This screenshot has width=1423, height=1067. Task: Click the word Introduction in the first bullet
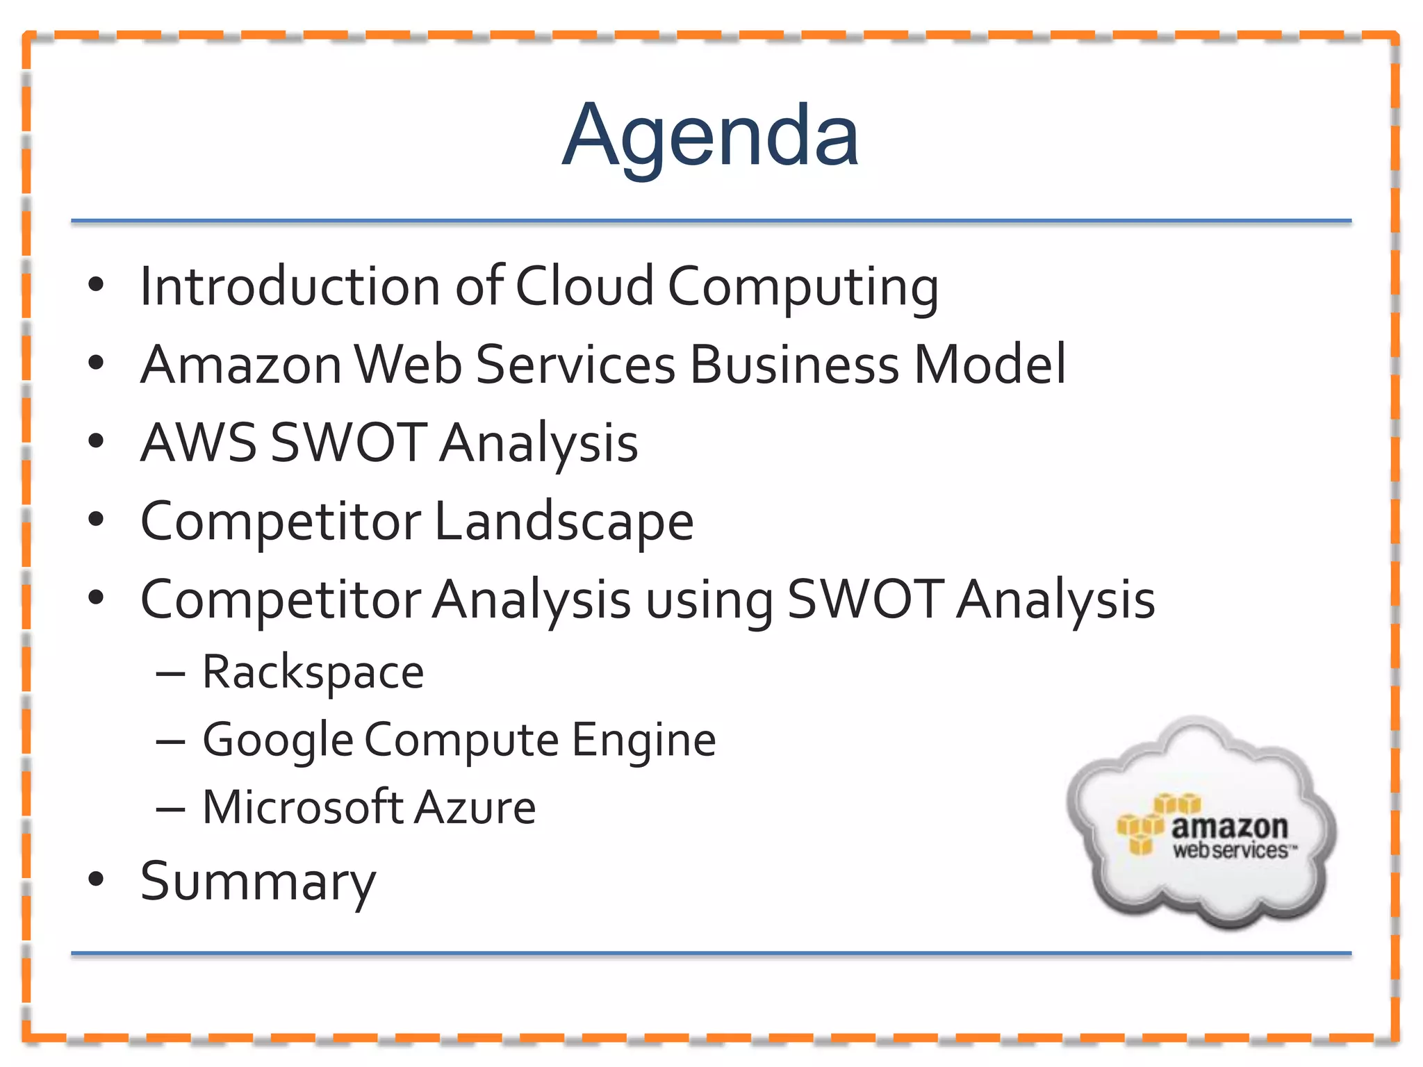[290, 286]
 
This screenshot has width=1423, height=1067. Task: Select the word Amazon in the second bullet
[240, 365]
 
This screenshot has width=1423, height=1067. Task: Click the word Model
[989, 365]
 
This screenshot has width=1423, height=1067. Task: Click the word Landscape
[564, 521]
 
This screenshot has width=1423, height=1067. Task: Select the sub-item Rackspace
[313, 672]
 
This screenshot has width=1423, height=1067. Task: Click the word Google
[278, 741]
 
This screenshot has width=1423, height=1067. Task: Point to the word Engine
[643, 741]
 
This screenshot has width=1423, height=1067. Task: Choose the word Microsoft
[303, 807]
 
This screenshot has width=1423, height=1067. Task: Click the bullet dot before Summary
[96, 879]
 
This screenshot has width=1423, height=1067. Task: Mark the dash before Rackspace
[170, 674]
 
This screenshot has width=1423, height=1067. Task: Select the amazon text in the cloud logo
[1229, 827]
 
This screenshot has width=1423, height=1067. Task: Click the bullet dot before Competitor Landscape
[96, 519]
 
